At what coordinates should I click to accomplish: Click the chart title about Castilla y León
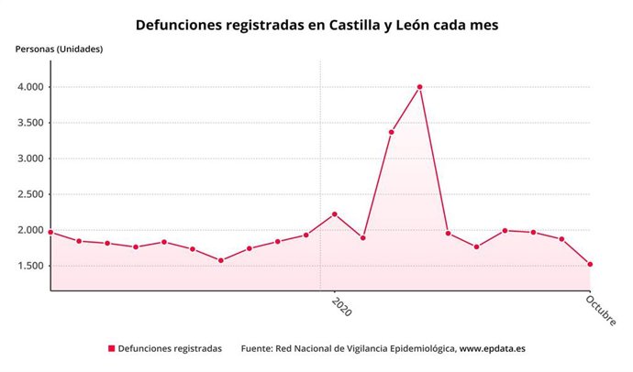click(316, 26)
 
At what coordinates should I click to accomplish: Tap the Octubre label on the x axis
click(601, 310)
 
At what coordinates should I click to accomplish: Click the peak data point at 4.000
click(419, 87)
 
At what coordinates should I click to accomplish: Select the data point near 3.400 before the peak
click(392, 132)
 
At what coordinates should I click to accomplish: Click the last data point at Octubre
click(590, 264)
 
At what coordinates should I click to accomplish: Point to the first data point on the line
click(50, 232)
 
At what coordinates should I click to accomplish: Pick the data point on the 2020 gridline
click(334, 213)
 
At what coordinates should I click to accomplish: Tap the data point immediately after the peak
click(448, 233)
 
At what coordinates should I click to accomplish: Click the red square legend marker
click(112, 349)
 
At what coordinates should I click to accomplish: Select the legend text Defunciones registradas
click(171, 349)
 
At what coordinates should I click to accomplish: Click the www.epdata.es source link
click(492, 349)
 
